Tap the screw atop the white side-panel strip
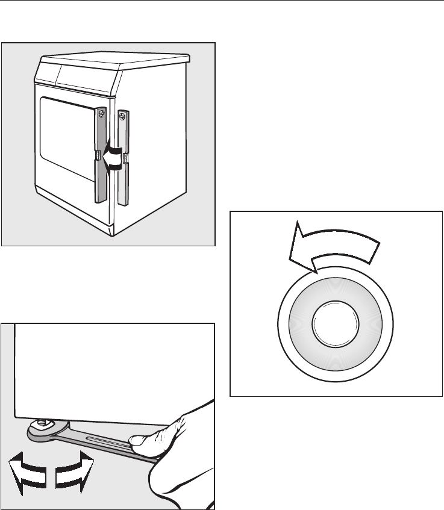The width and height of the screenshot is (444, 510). pos(123,114)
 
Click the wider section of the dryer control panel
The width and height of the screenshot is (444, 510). pos(90,78)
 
